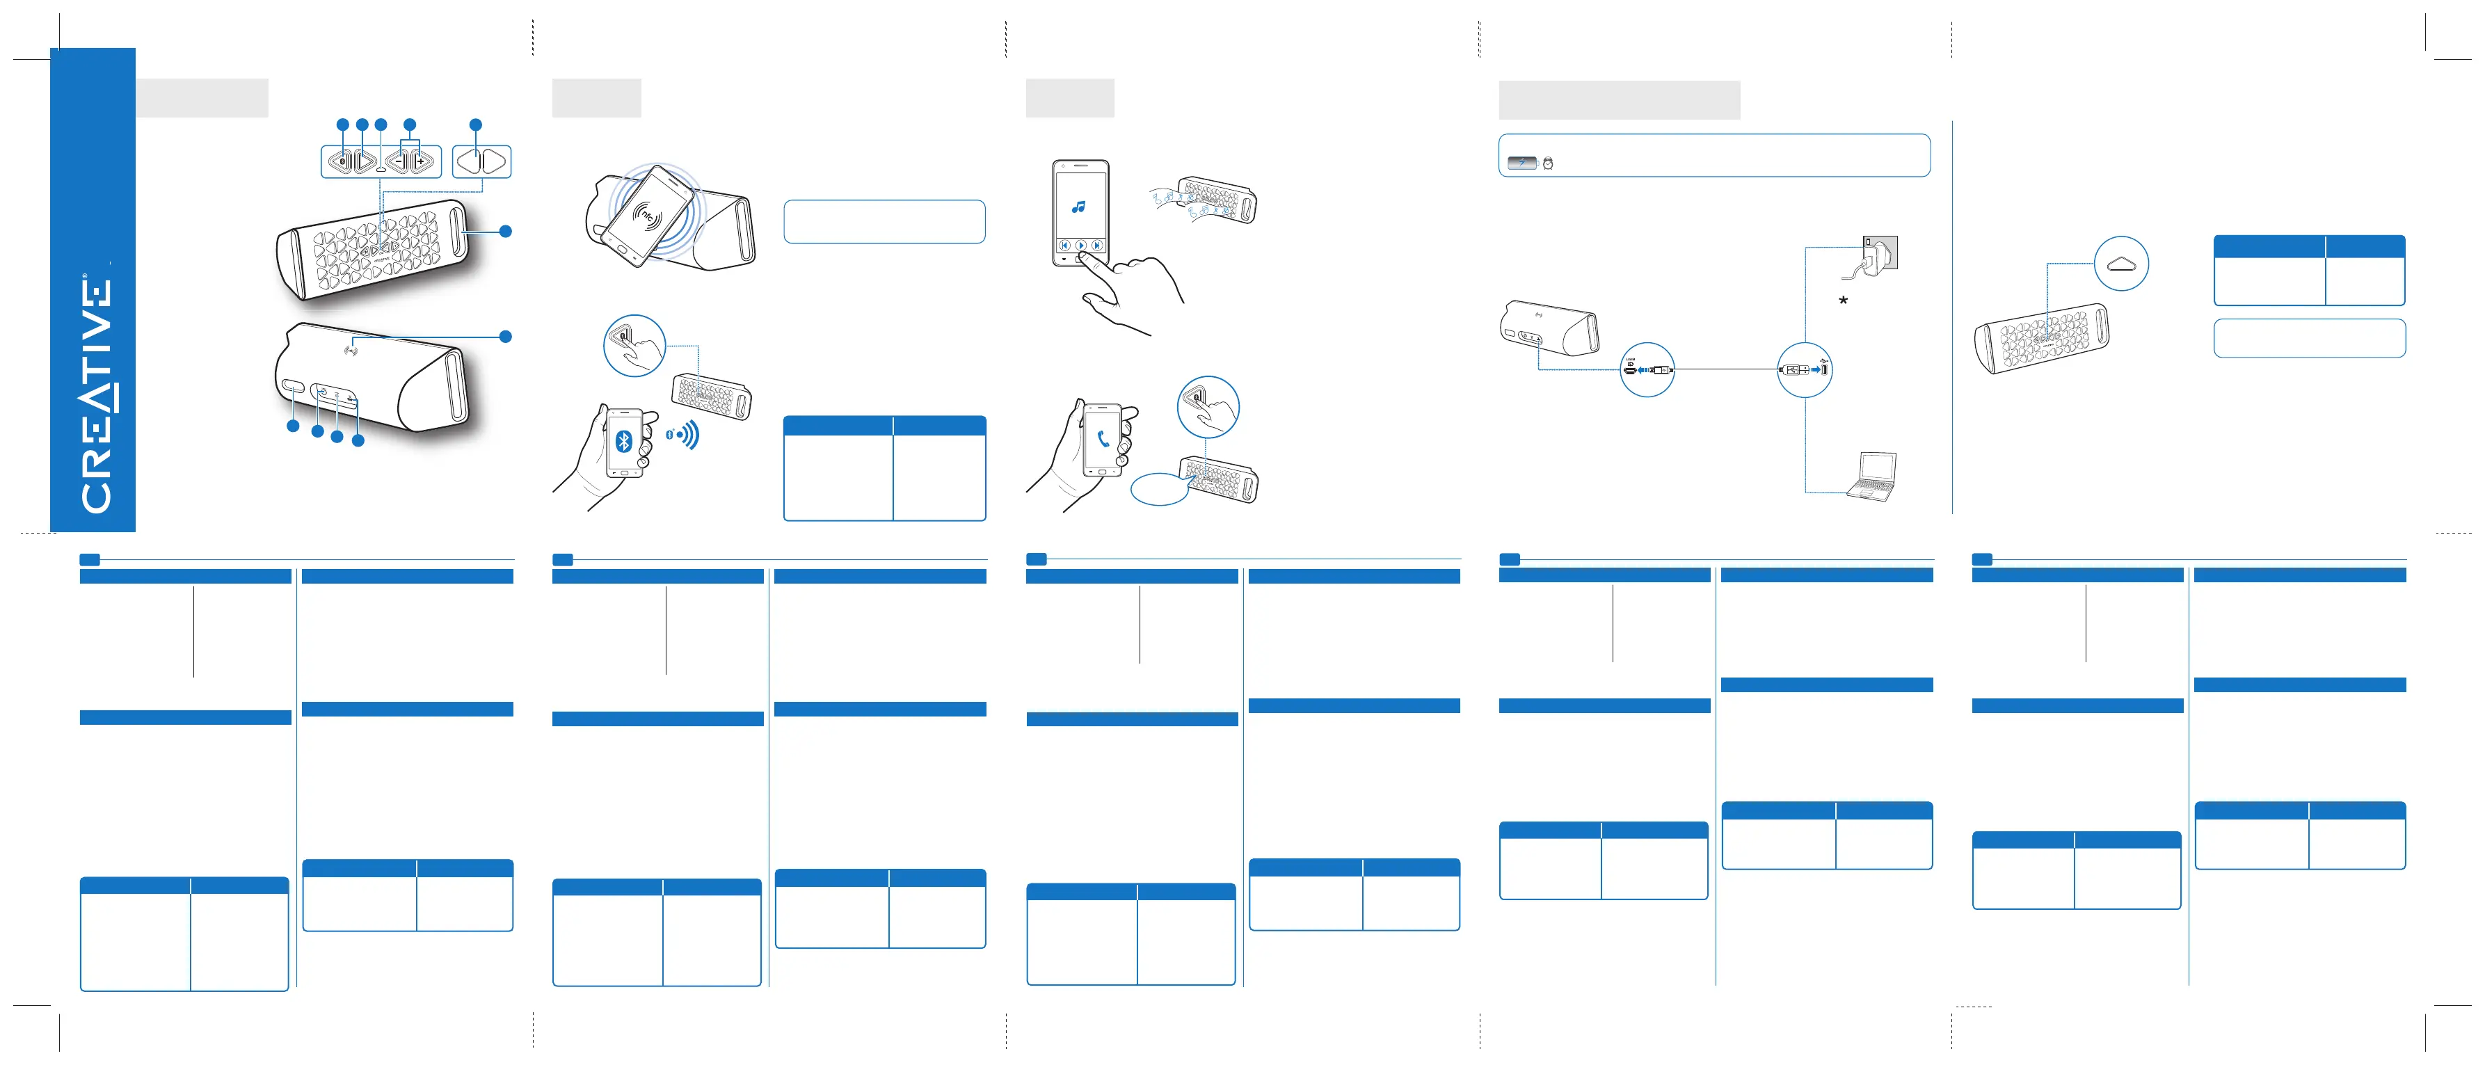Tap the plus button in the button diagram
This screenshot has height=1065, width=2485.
(x=421, y=161)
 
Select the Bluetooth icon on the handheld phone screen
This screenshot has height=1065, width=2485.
(x=623, y=442)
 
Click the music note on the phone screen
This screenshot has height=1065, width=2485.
(x=1078, y=207)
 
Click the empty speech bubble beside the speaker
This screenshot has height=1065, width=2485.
(x=1158, y=489)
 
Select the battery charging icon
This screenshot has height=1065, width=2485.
(x=1521, y=163)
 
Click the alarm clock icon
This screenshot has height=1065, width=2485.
(x=1547, y=163)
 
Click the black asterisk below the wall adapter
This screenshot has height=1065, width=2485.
(x=1842, y=302)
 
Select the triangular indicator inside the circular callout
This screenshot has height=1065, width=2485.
(x=2120, y=264)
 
